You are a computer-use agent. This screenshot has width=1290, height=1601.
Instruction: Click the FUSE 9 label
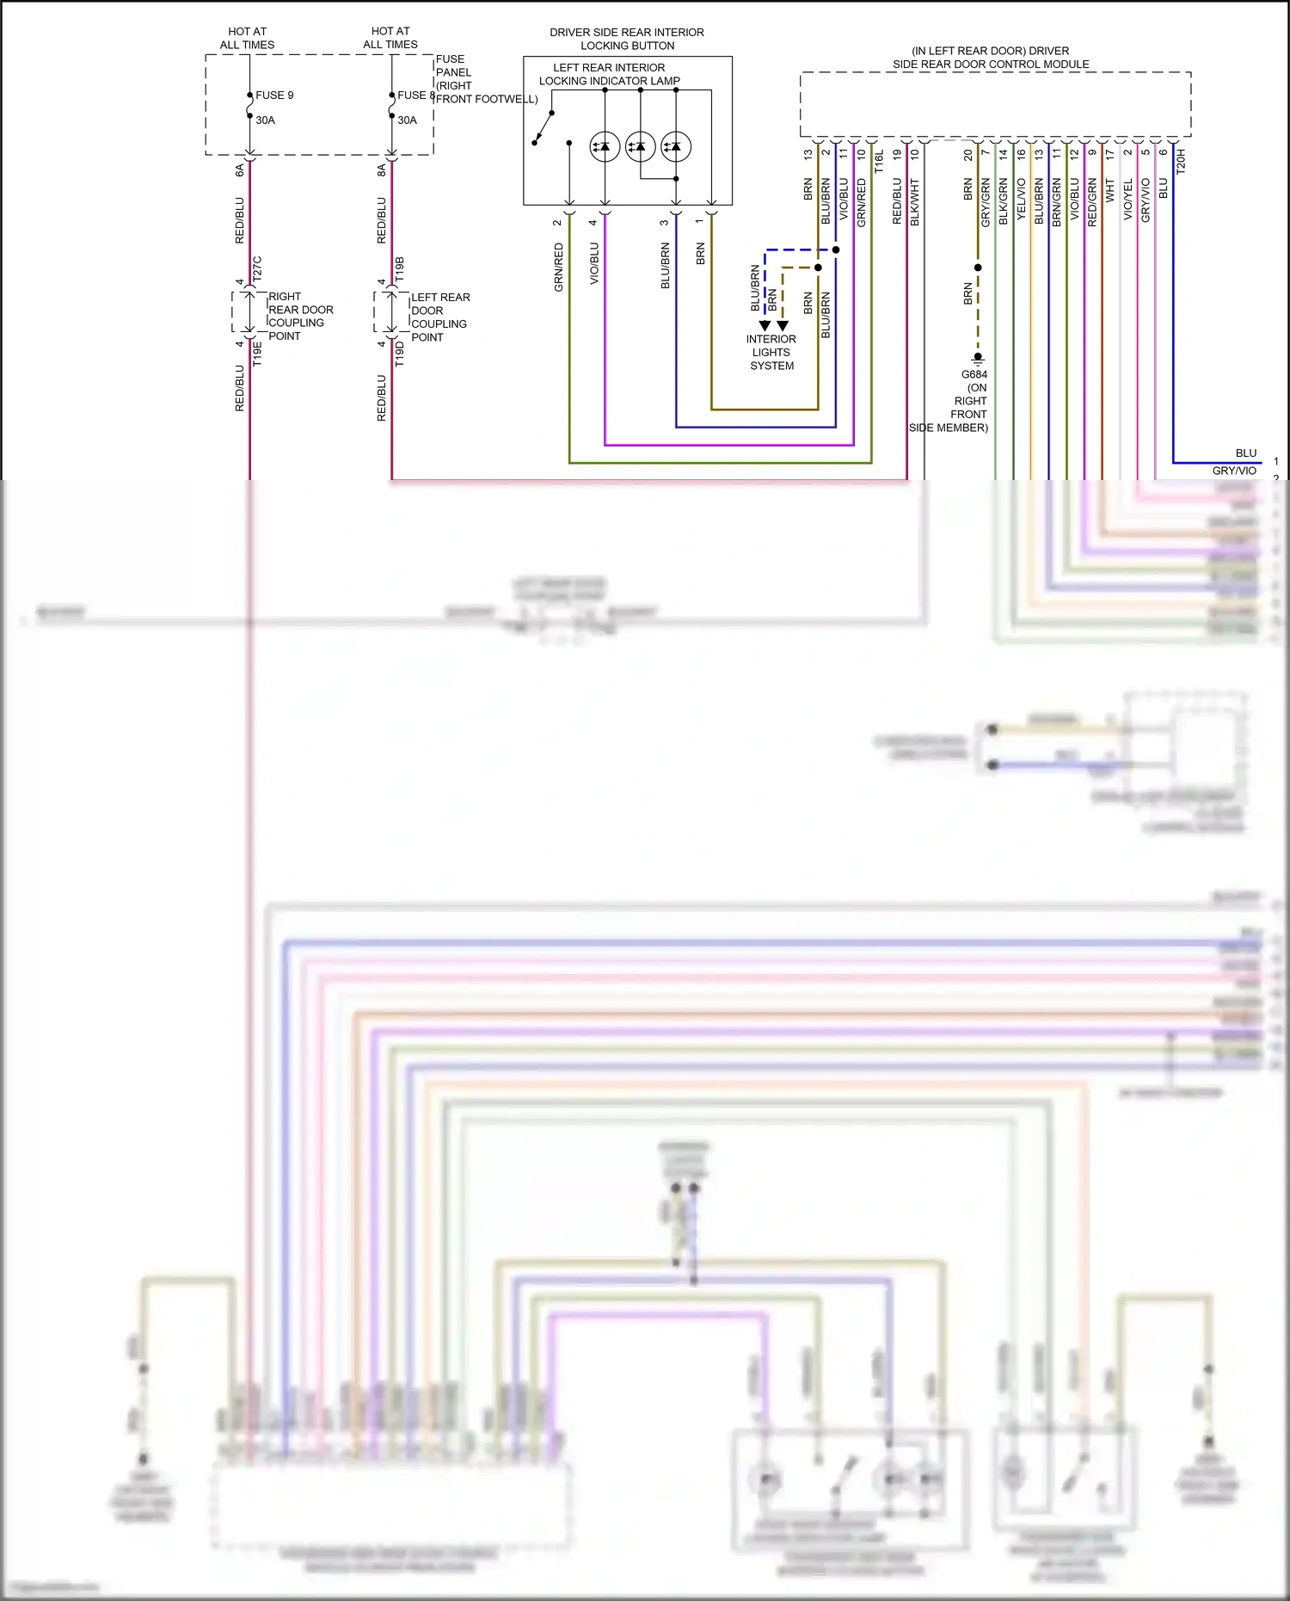274,95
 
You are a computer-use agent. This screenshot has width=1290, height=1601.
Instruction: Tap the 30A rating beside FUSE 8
407,120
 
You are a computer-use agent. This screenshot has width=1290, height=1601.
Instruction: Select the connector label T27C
257,269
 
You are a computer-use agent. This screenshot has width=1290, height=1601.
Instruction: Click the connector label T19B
399,269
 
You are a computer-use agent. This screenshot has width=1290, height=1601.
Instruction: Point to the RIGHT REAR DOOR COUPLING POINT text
299,317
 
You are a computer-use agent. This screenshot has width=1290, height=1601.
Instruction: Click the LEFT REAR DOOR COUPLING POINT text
439,317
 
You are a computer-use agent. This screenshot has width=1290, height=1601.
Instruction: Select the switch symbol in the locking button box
543,129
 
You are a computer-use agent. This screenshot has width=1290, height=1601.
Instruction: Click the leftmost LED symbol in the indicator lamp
605,147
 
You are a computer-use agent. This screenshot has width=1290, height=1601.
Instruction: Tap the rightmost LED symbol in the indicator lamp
676,147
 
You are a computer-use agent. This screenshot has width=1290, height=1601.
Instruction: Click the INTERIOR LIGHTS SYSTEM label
771,353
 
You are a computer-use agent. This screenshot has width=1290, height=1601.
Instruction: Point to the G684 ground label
974,375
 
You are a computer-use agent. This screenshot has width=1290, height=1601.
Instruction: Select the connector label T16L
879,162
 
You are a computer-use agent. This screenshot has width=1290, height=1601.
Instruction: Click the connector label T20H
1181,162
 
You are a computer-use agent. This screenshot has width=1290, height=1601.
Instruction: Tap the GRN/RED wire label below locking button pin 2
559,267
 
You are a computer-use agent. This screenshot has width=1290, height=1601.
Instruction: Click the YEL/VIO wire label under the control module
1021,200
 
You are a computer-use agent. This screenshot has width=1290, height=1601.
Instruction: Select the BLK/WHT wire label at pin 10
915,203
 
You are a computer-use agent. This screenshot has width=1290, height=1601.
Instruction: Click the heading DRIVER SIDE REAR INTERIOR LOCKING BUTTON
627,39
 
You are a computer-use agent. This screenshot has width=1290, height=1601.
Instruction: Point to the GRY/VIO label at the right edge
1234,471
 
